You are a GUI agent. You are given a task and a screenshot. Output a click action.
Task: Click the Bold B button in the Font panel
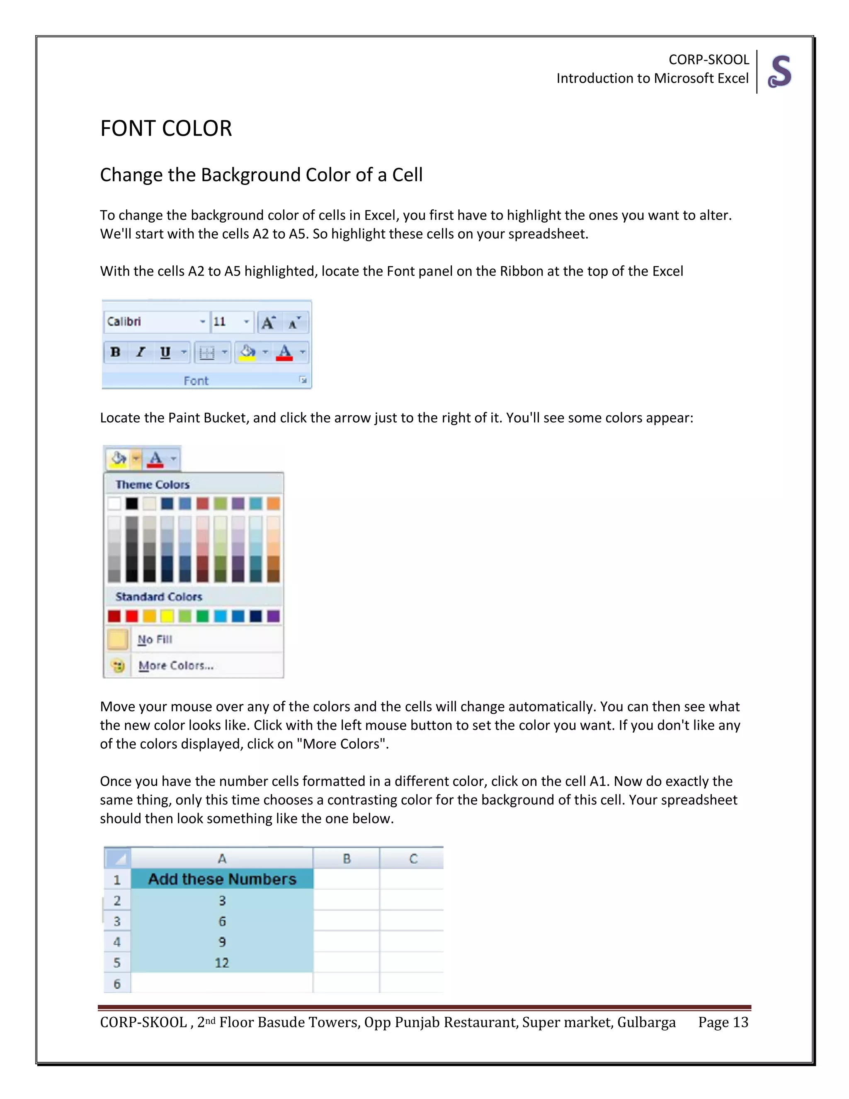[x=115, y=352]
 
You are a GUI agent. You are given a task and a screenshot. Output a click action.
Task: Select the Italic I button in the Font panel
[x=141, y=352]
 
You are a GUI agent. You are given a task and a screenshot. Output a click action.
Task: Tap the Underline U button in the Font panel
[x=165, y=352]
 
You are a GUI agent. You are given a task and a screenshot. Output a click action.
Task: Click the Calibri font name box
[x=151, y=321]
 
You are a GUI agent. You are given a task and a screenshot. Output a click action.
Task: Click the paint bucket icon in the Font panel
[x=247, y=352]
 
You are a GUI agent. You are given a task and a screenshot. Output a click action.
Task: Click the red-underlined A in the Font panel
[x=284, y=352]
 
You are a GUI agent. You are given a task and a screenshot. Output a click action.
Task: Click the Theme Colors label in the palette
[x=153, y=484]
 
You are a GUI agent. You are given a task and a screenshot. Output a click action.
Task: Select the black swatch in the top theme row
[x=132, y=503]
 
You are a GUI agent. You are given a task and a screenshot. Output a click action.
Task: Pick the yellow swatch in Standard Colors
[x=167, y=616]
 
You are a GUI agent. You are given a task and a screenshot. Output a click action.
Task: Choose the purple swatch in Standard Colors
[x=273, y=616]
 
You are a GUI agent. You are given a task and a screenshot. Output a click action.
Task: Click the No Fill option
[x=155, y=639]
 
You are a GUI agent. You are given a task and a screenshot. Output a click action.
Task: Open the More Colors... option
[x=176, y=665]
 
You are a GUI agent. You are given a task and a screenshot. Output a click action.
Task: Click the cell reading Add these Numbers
[x=222, y=879]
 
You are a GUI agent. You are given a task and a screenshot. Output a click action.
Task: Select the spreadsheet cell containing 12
[x=222, y=963]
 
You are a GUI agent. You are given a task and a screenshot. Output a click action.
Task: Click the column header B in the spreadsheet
[x=347, y=858]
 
